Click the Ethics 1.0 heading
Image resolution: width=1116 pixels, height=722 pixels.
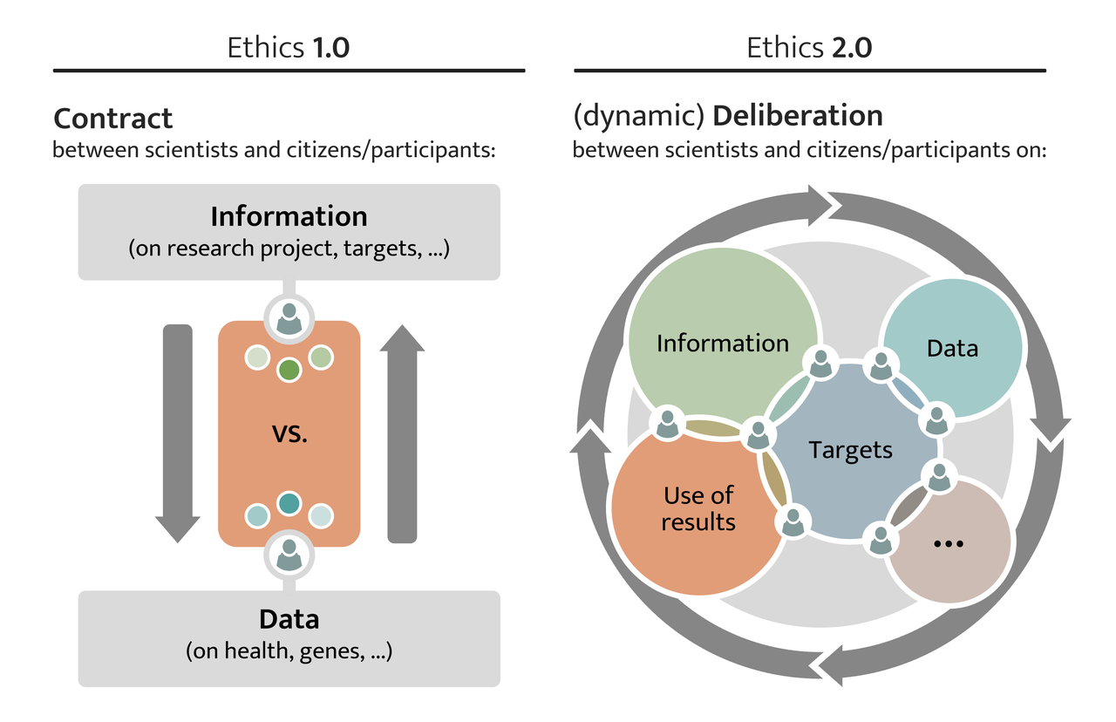pyautogui.click(x=288, y=47)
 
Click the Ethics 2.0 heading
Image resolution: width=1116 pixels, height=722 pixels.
pyautogui.click(x=809, y=47)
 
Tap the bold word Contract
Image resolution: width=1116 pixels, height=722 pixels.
pyautogui.click(x=113, y=118)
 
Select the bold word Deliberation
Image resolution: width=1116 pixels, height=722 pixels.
pyautogui.click(x=798, y=116)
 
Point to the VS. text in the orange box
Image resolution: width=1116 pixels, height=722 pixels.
pyautogui.click(x=289, y=433)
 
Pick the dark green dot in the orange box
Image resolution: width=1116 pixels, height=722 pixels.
pyautogui.click(x=289, y=370)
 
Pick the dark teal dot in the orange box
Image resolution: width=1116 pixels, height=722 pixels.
pyautogui.click(x=289, y=504)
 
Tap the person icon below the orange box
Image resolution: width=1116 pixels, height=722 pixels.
pyautogui.click(x=289, y=553)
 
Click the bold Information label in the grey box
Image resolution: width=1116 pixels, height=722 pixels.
pyautogui.click(x=289, y=215)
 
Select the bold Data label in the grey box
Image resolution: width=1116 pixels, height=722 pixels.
pyautogui.click(x=289, y=620)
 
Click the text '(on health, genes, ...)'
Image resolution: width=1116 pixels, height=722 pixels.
pyautogui.click(x=289, y=650)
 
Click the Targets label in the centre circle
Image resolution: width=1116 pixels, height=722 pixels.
pyautogui.click(x=850, y=450)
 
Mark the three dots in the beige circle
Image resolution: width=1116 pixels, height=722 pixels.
pyautogui.click(x=948, y=543)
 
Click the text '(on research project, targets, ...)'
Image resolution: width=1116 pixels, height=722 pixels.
pyautogui.click(x=289, y=249)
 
